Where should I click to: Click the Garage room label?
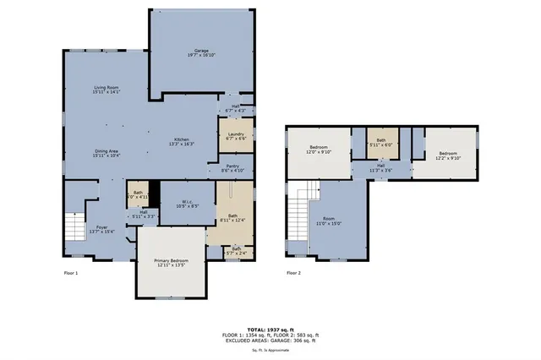(x=201, y=54)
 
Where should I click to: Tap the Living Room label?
(x=107, y=90)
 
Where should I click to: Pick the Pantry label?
(x=232, y=168)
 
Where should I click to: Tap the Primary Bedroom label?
(x=171, y=262)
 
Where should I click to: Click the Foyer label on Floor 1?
(x=101, y=229)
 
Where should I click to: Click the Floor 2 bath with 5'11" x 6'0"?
(x=381, y=142)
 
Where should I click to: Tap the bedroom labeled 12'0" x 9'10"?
(x=319, y=150)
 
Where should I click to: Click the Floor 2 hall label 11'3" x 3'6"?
(x=381, y=167)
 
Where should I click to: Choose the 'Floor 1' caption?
(x=71, y=273)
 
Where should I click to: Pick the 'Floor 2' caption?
(x=293, y=273)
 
